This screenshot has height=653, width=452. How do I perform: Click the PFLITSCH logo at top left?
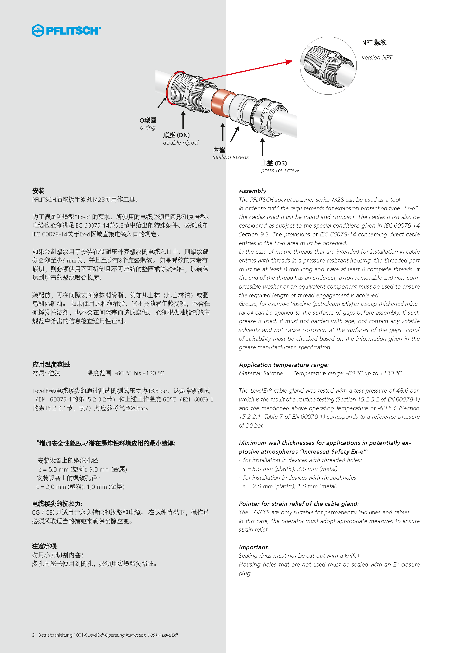[66, 31]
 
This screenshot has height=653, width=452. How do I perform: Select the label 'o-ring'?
[148, 128]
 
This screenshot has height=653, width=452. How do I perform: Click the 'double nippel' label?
[181, 143]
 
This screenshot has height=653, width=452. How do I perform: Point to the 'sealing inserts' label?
[231, 157]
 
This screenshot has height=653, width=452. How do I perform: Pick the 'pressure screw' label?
[280, 171]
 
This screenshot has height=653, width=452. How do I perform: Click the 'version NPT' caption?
[377, 57]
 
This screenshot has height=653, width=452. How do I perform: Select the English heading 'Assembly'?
[253, 191]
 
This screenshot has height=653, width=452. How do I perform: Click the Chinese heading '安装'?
[38, 191]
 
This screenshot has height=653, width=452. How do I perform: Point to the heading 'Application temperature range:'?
[284, 365]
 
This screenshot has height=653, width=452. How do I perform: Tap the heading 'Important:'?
[254, 547]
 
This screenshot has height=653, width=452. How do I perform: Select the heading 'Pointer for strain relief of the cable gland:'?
[299, 504]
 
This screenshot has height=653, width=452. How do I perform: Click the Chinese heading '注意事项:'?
[45, 546]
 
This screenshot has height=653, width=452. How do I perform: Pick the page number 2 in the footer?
[33, 635]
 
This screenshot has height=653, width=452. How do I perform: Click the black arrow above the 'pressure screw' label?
[262, 147]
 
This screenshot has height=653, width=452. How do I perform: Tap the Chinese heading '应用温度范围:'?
[51, 364]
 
